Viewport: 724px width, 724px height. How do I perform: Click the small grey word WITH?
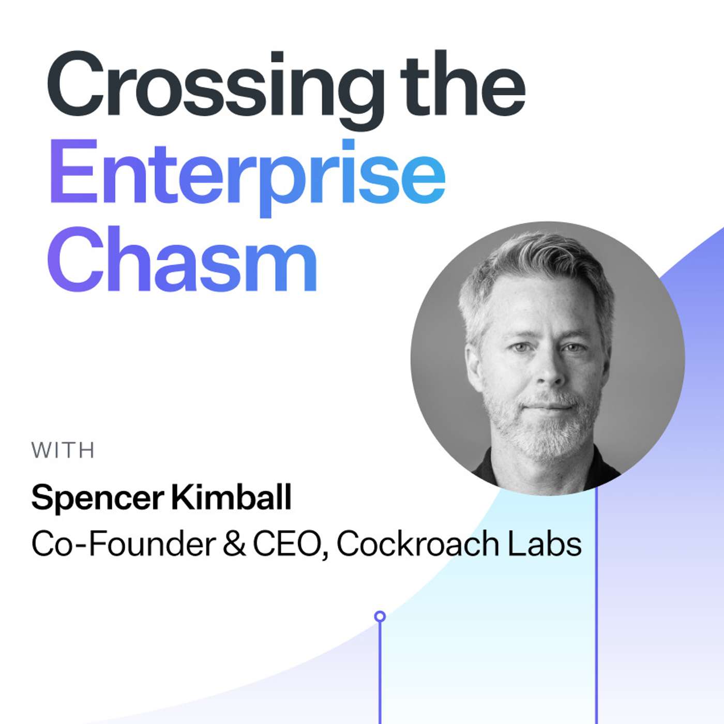[x=63, y=451]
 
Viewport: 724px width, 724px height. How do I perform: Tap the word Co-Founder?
[x=123, y=544]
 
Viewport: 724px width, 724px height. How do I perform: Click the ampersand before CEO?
[x=235, y=544]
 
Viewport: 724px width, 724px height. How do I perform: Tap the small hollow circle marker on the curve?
[x=380, y=616]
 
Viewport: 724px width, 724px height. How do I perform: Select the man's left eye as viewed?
[x=520, y=347]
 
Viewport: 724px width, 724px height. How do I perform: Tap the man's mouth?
[x=548, y=407]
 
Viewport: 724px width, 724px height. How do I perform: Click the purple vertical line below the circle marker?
[x=380, y=672]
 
